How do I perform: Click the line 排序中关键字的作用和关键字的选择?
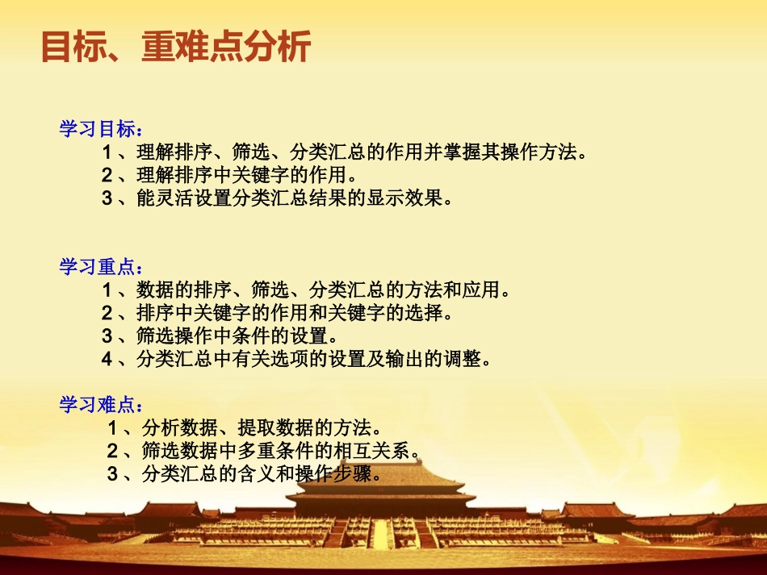pyautogui.click(x=291, y=312)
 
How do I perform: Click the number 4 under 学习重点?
pyautogui.click(x=107, y=359)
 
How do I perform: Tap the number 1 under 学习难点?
pyautogui.click(x=113, y=427)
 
